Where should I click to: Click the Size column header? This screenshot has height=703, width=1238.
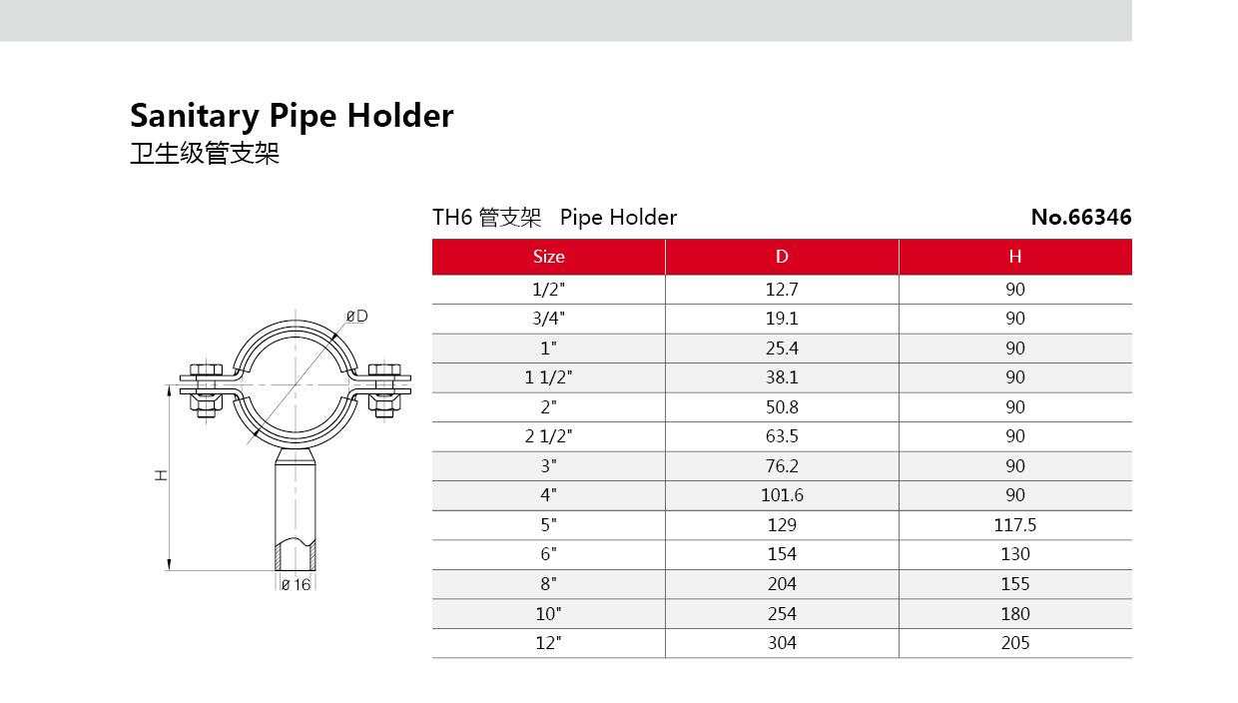548,257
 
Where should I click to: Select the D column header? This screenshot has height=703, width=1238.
782,257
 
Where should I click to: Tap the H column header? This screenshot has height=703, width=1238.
1014,257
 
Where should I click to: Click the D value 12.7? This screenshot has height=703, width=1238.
782,289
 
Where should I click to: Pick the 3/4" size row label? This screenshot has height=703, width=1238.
548,319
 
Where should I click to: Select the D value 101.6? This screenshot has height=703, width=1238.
782,495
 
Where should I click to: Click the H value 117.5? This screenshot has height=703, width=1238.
1014,524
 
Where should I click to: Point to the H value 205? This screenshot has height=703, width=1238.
1014,643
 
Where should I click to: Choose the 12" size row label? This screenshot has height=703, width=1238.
548,643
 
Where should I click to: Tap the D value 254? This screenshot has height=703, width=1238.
782,613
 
